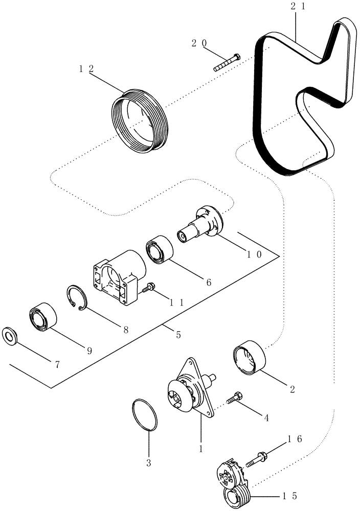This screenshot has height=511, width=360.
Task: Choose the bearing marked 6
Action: click(x=158, y=250)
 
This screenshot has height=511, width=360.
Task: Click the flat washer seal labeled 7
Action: click(x=10, y=336)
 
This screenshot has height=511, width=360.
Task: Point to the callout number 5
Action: click(x=178, y=335)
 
